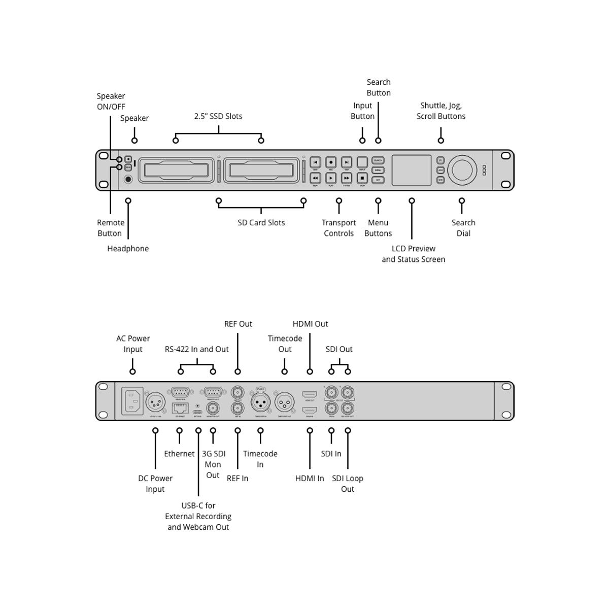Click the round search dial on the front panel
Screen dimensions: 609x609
462,170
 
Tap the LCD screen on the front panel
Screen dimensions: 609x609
412,170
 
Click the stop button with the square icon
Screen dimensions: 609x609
362,178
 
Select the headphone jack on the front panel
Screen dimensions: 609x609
128,179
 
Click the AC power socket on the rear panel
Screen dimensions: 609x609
132,401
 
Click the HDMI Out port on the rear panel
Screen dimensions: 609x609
310,394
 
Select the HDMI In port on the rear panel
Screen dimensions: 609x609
310,409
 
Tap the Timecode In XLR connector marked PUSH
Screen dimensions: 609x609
260,402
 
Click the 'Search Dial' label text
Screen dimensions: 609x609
463,228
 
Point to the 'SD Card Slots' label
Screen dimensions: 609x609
261,223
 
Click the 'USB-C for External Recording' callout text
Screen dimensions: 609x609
198,516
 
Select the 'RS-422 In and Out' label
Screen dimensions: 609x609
197,349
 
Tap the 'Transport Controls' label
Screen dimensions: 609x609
339,228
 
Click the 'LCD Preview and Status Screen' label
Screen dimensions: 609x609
414,254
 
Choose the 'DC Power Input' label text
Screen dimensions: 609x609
155,484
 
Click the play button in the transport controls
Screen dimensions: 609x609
331,178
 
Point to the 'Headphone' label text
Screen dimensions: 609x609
128,249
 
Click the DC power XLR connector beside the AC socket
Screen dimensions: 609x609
155,403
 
